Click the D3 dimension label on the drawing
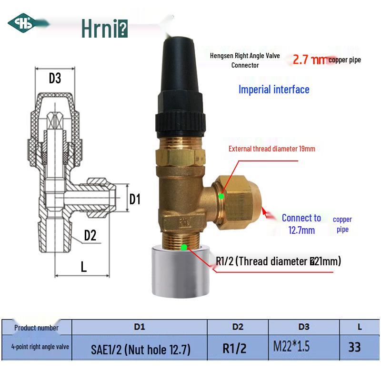pyautogui.click(x=55, y=78)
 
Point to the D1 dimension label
pyautogui.click(x=135, y=199)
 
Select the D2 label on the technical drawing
pyautogui.click(x=90, y=235)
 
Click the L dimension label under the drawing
pyautogui.click(x=84, y=267)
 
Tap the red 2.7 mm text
pyautogui.click(x=310, y=60)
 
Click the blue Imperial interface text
pyautogui.click(x=274, y=90)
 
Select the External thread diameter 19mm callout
pyautogui.click(x=271, y=149)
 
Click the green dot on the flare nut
pyautogui.click(x=221, y=196)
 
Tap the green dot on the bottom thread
pyautogui.click(x=184, y=247)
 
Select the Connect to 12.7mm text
pyautogui.click(x=301, y=224)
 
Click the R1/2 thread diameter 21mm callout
pyautogui.click(x=278, y=261)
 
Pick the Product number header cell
pyautogui.click(x=36, y=328)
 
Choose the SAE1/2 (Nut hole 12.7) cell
pyautogui.click(x=140, y=350)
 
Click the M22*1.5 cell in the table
pyautogui.click(x=291, y=347)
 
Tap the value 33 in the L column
pyautogui.click(x=354, y=347)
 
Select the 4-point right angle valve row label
pyautogui.click(x=36, y=347)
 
